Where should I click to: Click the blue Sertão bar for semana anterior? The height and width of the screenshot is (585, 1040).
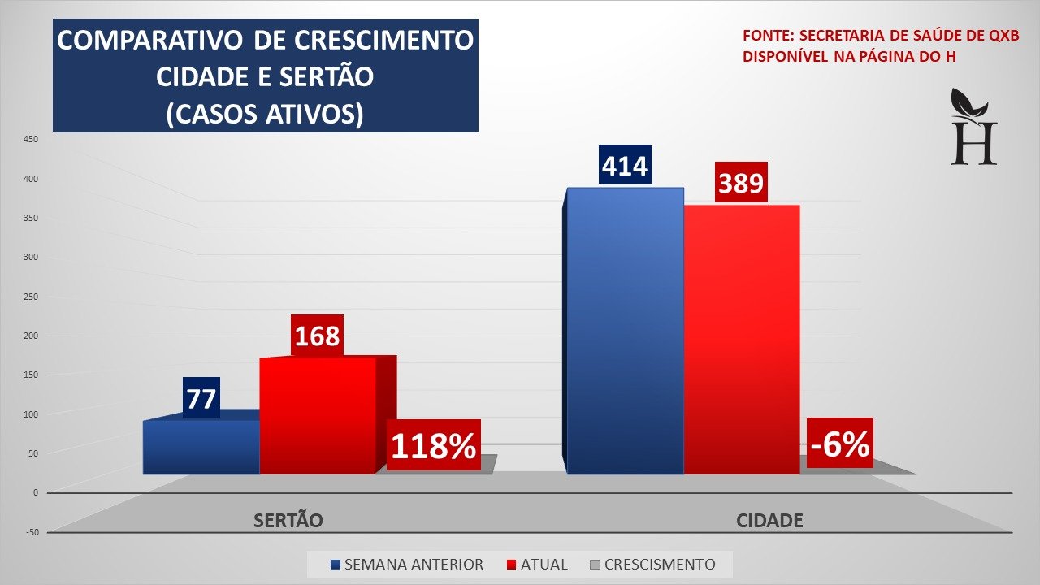(201, 447)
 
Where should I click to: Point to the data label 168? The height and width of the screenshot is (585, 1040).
(317, 335)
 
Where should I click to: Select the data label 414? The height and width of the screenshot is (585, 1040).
(625, 165)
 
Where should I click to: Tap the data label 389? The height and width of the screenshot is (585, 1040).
(741, 183)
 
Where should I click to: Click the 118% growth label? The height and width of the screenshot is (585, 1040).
(433, 445)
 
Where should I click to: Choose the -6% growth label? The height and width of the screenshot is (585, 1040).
(839, 444)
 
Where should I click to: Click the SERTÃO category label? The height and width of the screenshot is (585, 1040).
(288, 521)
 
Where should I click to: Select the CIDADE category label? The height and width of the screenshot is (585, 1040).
(769, 521)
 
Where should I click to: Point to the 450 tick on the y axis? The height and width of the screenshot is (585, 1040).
(30, 139)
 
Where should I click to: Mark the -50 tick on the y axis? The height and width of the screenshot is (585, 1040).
(30, 532)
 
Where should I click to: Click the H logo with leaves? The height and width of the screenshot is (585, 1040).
(973, 128)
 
